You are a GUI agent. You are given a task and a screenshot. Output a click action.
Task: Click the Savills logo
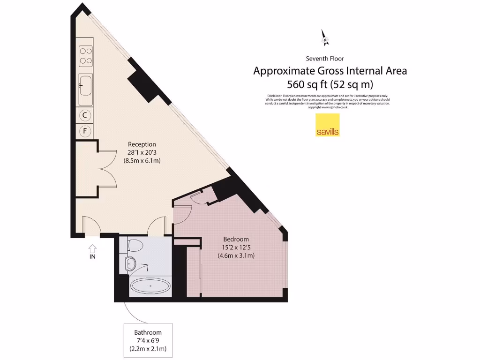click(327, 125)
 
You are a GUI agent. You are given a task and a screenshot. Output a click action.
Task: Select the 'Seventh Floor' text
click(325, 59)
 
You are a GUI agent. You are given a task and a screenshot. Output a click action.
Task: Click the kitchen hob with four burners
click(86, 55)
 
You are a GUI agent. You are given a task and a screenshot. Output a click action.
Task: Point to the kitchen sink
click(85, 85)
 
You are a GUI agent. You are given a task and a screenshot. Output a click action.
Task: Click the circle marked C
click(85, 114)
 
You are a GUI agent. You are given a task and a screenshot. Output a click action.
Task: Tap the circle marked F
click(85, 131)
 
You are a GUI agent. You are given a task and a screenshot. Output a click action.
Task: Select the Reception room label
click(142, 144)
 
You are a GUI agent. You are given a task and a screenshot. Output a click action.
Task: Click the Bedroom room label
click(236, 239)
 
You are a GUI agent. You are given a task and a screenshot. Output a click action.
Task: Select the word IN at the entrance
click(92, 256)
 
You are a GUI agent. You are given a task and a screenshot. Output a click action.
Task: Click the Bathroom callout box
click(148, 338)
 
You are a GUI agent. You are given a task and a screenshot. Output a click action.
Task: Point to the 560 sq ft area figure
click(330, 85)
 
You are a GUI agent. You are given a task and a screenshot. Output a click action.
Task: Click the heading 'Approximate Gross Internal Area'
click(330, 71)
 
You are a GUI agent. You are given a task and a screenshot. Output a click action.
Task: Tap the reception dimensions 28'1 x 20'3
click(142, 152)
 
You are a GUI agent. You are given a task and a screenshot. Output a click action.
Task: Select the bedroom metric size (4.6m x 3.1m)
click(236, 255)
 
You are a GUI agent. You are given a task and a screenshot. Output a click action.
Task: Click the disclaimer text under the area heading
click(327, 101)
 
